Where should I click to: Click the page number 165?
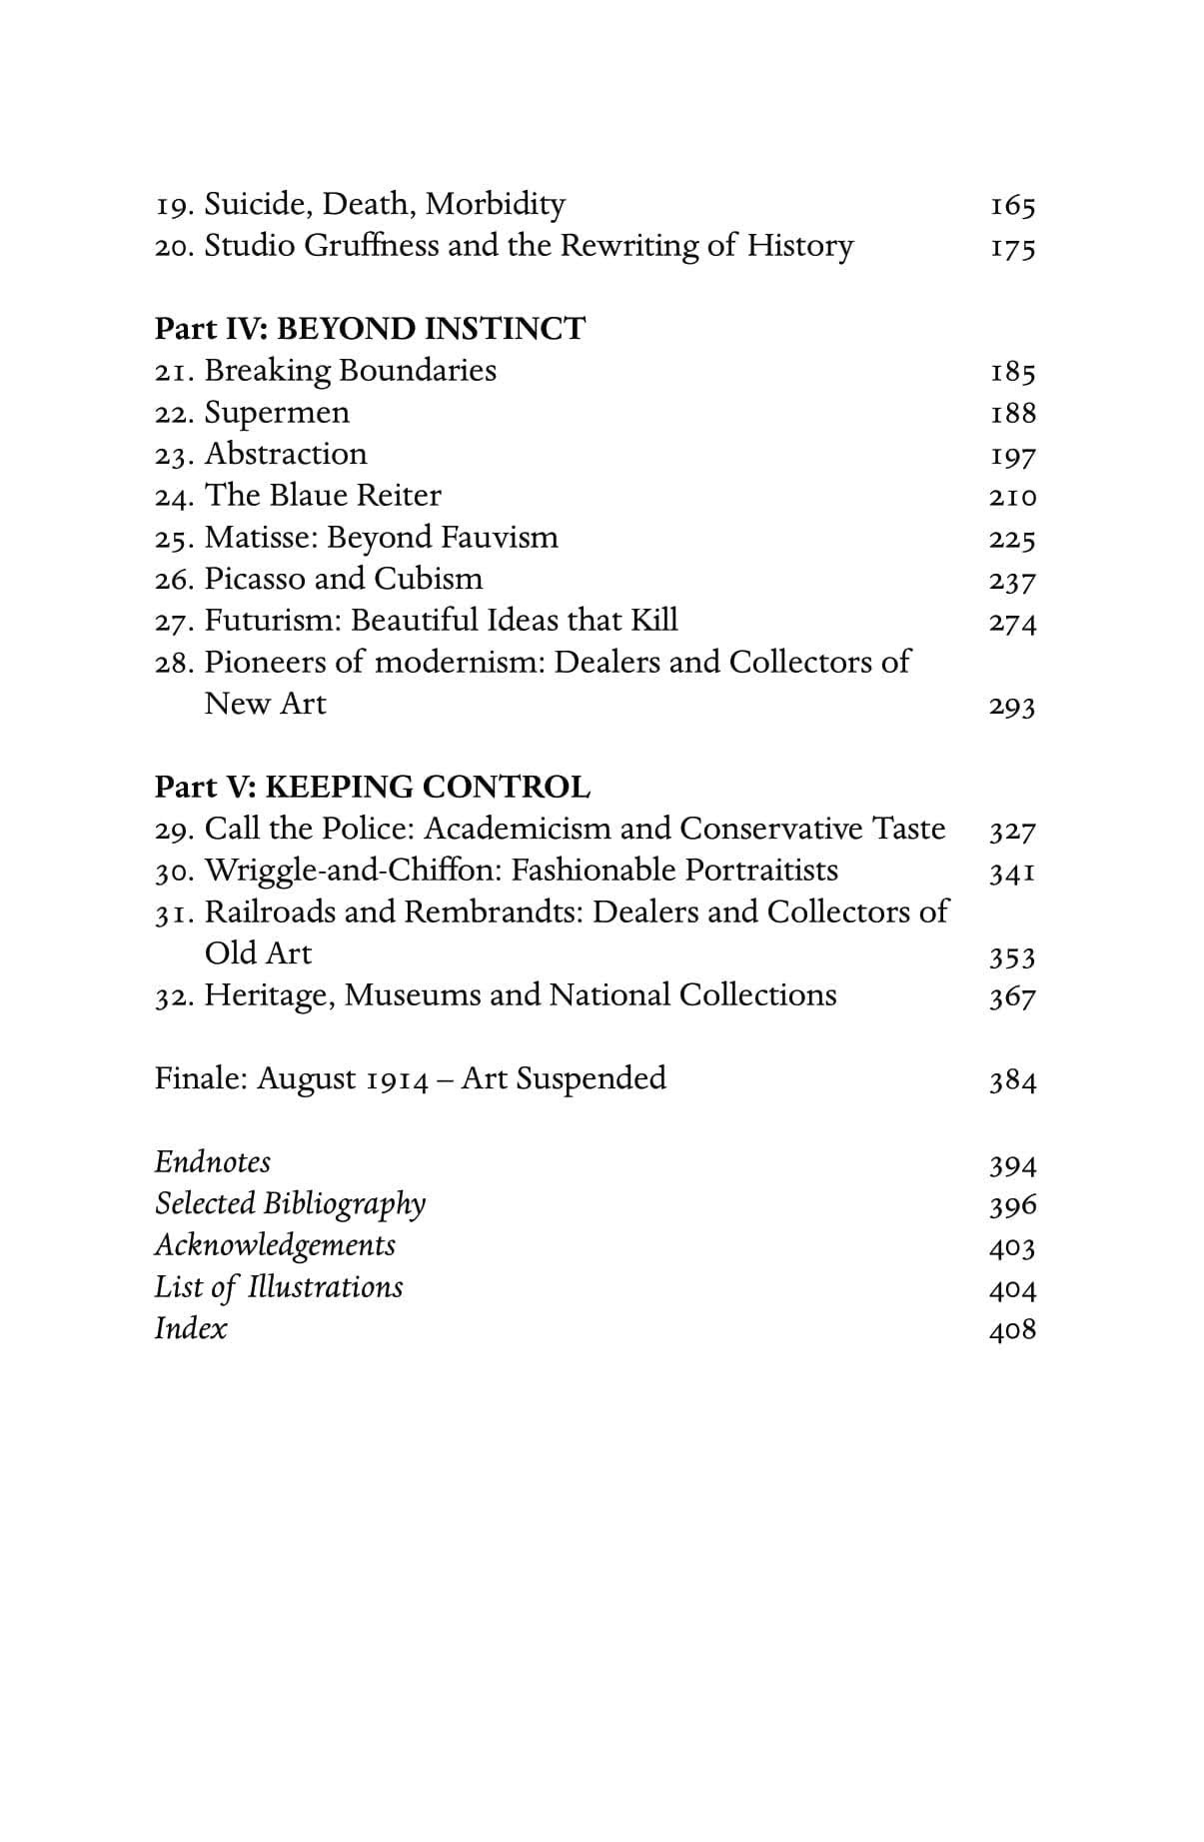coord(1012,206)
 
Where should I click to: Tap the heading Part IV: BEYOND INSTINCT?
coord(370,328)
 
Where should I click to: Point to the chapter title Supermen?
coord(277,412)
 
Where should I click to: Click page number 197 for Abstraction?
coord(1012,456)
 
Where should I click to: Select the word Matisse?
coord(261,537)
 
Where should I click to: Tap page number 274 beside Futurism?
coord(1012,622)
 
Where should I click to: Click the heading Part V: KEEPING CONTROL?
coord(372,787)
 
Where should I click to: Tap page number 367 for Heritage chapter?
coord(1012,996)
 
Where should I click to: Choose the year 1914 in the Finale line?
coord(398,1079)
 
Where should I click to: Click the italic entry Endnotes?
coord(212,1162)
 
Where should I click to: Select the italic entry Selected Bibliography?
coord(290,1204)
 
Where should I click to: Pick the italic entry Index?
coord(190,1328)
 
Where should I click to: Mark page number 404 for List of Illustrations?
coord(1012,1288)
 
